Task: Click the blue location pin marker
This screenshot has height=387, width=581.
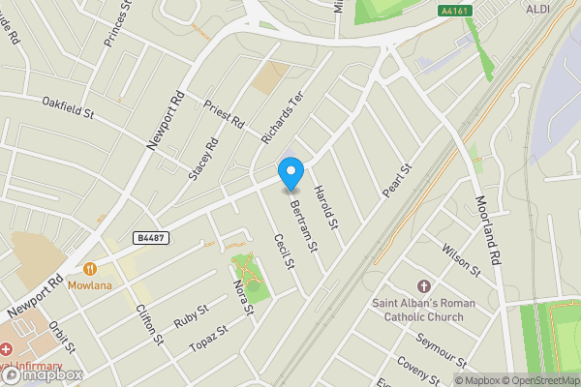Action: [x=290, y=172]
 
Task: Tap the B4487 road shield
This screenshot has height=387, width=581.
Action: [x=152, y=238]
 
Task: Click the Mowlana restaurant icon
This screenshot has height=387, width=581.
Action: [x=89, y=269]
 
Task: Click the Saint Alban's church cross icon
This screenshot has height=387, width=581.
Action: [x=423, y=286]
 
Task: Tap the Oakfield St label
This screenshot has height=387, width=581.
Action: [x=67, y=108]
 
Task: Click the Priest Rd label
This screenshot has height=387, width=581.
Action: [x=225, y=117]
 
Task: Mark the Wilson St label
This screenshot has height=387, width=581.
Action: [x=460, y=256]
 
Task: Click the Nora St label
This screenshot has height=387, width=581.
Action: [x=242, y=297]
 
